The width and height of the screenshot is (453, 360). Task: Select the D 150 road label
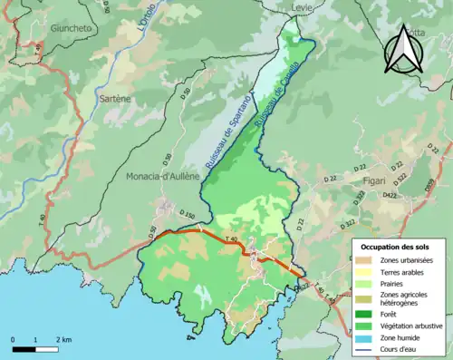(x=187, y=215)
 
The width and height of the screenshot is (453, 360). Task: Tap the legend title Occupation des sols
(x=396, y=247)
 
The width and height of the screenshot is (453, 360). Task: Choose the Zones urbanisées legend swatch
(x=366, y=261)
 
